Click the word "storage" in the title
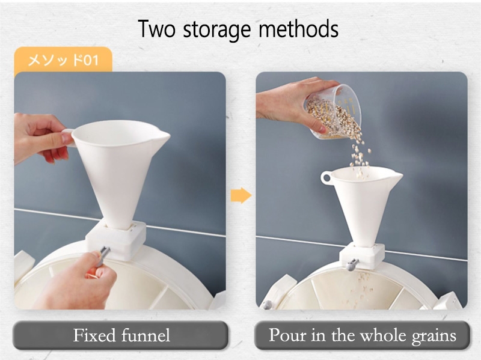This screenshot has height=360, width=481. point(217,30)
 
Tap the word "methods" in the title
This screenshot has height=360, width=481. point(298,28)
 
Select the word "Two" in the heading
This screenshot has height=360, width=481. point(156,28)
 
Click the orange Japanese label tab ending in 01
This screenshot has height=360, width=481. point(63,59)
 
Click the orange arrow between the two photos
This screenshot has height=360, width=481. point(241,195)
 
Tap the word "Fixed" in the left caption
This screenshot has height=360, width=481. point(94,335)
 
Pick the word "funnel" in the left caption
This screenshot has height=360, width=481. point(146,335)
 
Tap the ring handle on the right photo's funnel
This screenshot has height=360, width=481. point(326,178)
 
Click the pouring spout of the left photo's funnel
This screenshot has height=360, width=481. point(162,135)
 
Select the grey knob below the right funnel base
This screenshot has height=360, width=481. point(352,264)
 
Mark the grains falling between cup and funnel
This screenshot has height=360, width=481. point(360,153)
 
